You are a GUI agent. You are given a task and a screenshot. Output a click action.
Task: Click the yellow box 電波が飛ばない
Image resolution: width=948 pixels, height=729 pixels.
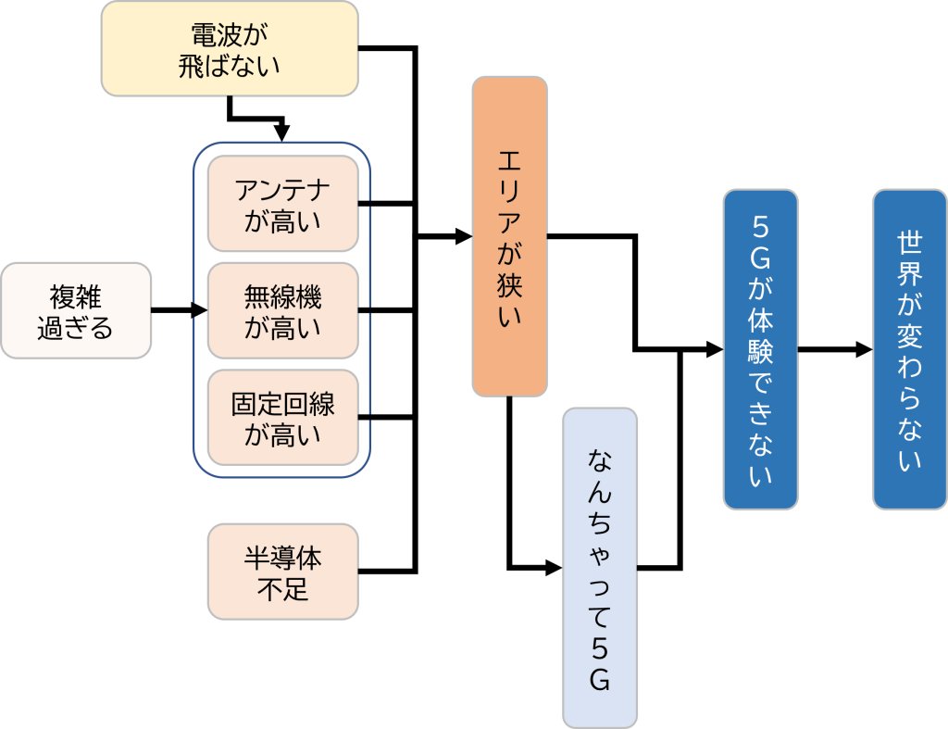[x=230, y=48]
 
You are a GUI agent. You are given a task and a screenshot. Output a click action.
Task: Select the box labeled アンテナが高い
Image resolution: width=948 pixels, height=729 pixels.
[x=282, y=203]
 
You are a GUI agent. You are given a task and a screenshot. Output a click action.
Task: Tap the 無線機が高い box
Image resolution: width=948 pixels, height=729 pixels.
[x=282, y=310]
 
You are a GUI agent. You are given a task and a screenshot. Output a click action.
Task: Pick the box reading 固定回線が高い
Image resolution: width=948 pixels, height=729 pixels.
[x=282, y=417]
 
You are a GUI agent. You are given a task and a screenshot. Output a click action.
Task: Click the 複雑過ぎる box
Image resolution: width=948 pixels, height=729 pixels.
[x=75, y=310]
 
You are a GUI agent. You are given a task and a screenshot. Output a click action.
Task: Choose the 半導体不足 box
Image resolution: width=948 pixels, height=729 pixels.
[x=282, y=571]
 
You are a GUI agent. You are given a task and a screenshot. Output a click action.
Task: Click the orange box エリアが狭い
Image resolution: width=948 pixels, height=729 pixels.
[x=509, y=236]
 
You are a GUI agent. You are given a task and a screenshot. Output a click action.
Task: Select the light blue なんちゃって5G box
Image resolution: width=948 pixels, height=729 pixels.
[x=600, y=567]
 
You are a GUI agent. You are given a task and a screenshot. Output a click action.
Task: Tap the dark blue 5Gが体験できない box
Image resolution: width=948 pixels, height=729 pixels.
[x=760, y=349]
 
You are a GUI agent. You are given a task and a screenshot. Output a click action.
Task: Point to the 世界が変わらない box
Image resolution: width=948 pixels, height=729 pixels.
[x=909, y=349]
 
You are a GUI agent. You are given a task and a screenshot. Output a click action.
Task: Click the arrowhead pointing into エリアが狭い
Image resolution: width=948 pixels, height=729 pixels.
[x=464, y=237]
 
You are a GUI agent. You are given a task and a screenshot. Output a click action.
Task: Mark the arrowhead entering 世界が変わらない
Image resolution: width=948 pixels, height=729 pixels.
[x=864, y=350]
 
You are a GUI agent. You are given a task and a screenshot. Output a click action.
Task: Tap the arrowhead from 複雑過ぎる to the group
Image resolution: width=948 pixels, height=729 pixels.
[x=199, y=311]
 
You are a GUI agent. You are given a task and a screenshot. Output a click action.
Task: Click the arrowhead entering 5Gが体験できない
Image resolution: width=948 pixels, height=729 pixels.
[x=715, y=350]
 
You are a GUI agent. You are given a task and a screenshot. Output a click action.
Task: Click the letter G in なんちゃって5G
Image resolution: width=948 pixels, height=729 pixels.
[x=600, y=681]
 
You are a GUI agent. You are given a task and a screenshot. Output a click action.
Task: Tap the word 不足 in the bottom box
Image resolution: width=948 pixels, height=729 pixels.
[x=282, y=588]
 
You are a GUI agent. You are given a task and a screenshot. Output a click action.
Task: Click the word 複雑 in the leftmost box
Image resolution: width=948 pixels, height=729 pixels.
[x=75, y=296]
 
